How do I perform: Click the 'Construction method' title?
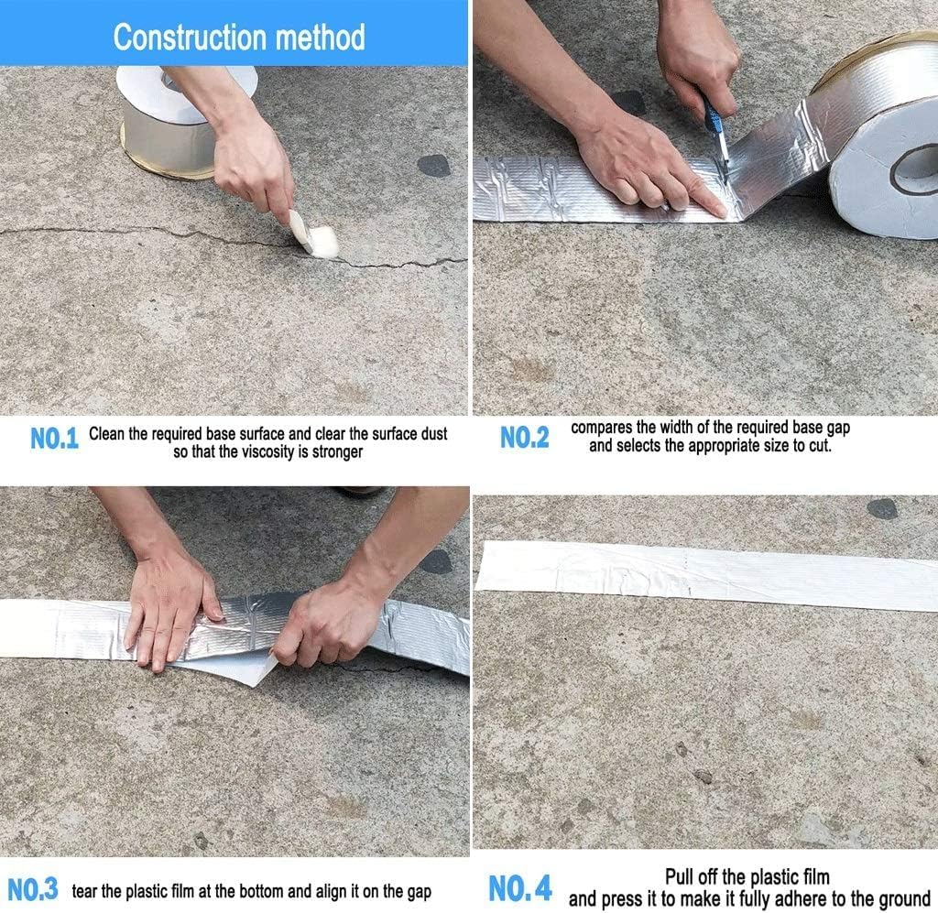(x=238, y=38)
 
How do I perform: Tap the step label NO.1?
(x=55, y=439)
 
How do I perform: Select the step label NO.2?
(x=525, y=439)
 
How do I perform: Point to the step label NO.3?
(x=33, y=888)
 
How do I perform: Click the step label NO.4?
(x=520, y=888)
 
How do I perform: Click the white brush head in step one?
(x=315, y=236)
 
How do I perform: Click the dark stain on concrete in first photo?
(x=433, y=166)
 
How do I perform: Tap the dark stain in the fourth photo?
(x=882, y=509)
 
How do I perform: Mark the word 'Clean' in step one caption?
(x=107, y=434)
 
